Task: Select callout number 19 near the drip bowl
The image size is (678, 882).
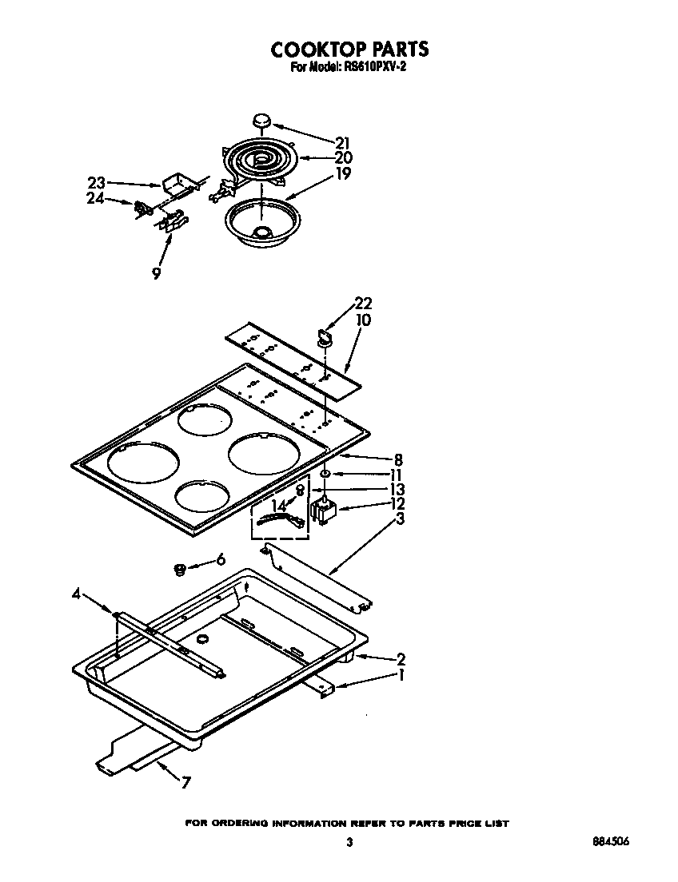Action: click(342, 172)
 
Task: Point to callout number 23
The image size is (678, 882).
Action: click(96, 183)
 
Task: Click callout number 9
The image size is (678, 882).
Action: click(156, 273)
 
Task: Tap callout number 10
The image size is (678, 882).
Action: click(363, 320)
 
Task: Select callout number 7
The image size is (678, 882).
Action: click(185, 782)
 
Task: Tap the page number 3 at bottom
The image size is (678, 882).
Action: click(349, 842)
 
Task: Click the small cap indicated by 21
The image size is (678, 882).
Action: click(261, 121)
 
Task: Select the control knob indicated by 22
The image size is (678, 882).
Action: click(325, 334)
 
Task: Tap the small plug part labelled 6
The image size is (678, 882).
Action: click(181, 569)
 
